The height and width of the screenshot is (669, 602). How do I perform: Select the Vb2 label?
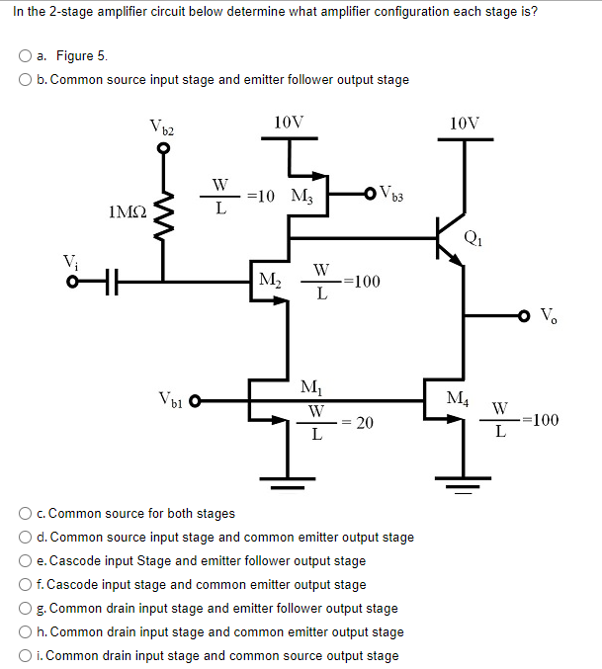(x=163, y=126)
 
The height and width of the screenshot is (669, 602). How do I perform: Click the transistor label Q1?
(x=476, y=235)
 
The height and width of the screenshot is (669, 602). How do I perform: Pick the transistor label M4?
(x=458, y=398)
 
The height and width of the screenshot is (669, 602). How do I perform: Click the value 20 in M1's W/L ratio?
(x=364, y=423)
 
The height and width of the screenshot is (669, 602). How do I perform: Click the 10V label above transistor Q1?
(x=465, y=124)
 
